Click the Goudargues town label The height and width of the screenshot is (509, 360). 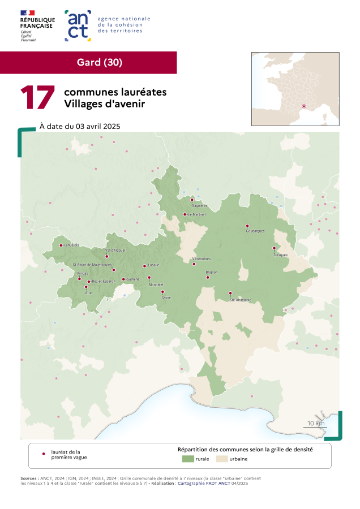255,231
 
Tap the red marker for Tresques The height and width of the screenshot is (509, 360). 274,248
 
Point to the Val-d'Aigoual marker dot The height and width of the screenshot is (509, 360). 106,256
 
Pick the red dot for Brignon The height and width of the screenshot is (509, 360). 208,277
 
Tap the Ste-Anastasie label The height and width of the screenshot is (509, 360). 240,299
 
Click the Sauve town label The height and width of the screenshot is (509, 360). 166,297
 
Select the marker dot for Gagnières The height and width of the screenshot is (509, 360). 192,200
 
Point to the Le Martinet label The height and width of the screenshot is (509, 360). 198,215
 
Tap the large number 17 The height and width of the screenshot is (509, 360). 37,98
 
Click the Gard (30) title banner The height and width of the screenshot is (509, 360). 99,62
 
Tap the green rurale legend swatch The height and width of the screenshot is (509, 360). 187,459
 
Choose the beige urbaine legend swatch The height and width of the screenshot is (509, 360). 221,459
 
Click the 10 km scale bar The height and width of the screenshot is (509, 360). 315,425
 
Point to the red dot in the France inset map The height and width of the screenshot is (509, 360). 304,106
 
